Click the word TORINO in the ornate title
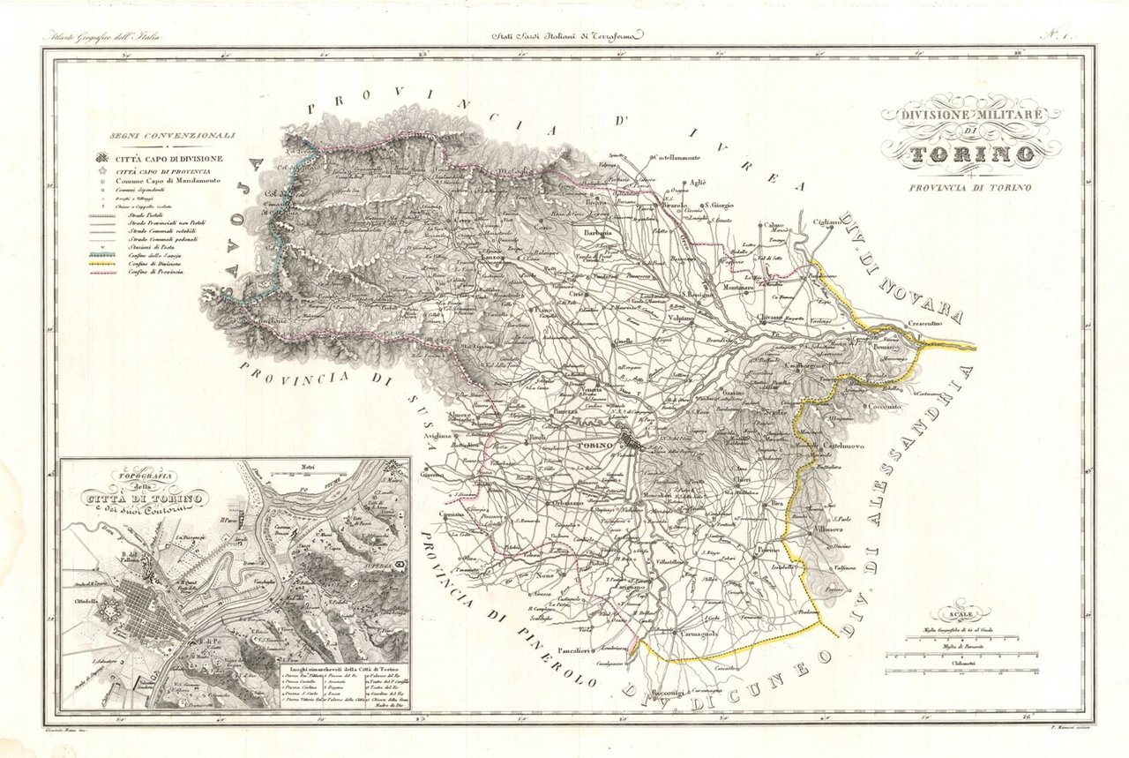[x=968, y=155]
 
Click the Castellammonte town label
[x=677, y=157]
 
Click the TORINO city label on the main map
[x=594, y=446]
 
